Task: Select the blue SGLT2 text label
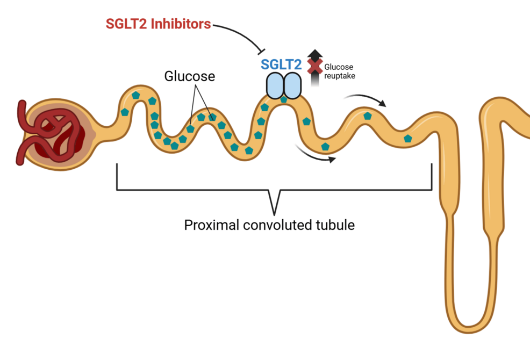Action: point(281,65)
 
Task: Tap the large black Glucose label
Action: point(189,77)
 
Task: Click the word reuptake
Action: point(339,76)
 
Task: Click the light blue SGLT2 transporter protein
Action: point(283,86)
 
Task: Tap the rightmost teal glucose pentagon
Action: point(408,139)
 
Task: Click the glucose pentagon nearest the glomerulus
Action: point(125,112)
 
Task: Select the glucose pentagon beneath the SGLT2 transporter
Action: point(284,99)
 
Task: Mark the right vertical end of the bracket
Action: point(432,177)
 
